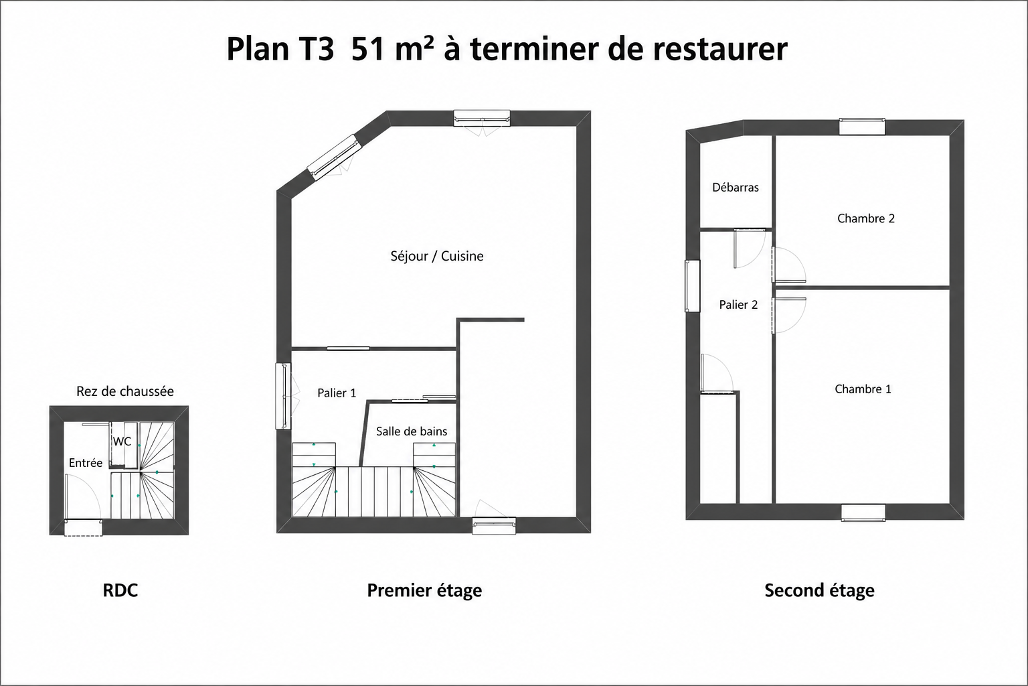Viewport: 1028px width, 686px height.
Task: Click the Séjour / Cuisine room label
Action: [437, 256]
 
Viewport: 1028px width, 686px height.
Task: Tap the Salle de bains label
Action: [412, 431]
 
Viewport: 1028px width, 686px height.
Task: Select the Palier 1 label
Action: [337, 393]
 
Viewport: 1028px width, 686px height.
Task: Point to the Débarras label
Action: [736, 188]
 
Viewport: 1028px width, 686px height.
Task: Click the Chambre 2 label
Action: [866, 218]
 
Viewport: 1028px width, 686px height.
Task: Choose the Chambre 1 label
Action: [863, 389]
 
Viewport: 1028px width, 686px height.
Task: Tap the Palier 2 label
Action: [738, 305]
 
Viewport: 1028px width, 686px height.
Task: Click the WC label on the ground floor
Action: [122, 441]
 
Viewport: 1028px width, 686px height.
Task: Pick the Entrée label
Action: [86, 463]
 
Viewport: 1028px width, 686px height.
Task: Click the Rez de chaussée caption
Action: [125, 391]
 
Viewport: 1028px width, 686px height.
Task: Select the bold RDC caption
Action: [120, 590]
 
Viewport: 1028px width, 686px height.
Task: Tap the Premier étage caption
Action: [424, 591]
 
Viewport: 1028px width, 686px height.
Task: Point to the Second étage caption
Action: [819, 591]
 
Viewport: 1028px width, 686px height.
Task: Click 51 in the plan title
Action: [367, 49]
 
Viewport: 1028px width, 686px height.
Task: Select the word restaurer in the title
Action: [721, 50]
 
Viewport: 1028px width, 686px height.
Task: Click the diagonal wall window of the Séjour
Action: [334, 157]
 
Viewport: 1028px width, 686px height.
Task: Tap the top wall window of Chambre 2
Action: [862, 127]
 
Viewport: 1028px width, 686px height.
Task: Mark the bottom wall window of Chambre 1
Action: [863, 512]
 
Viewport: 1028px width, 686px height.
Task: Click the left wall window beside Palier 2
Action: [692, 286]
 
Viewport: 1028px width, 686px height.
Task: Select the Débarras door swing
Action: [749, 249]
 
